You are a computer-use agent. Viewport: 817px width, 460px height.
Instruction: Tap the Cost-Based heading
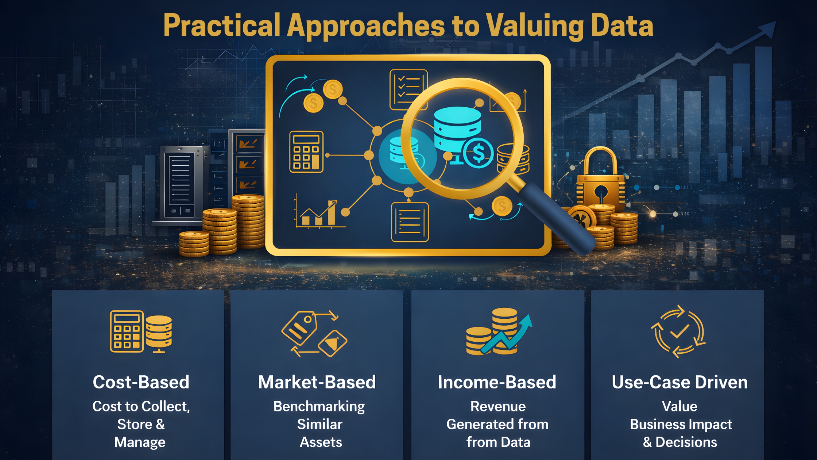(x=141, y=382)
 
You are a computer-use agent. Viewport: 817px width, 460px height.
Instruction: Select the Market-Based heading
(x=317, y=382)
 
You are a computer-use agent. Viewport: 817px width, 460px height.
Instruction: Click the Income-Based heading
(x=497, y=382)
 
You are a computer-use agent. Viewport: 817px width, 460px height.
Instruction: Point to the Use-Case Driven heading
(x=680, y=382)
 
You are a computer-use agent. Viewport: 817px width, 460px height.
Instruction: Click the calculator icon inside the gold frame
(x=306, y=152)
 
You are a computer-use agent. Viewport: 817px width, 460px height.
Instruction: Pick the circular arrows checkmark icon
(x=678, y=331)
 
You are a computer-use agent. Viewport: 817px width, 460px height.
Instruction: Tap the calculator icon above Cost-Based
(x=127, y=331)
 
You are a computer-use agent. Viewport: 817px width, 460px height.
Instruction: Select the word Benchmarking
(x=319, y=407)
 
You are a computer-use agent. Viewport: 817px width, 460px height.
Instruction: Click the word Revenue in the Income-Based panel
(x=498, y=406)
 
